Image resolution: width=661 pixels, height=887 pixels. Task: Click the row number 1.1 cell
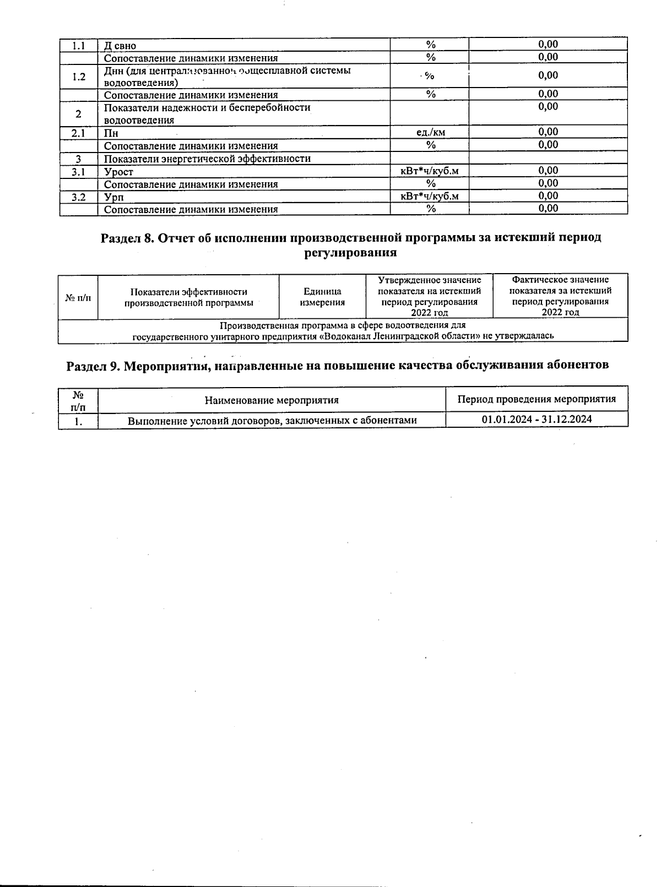79,45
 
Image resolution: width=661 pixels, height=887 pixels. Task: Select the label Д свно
120,46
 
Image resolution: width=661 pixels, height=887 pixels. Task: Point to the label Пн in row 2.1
111,133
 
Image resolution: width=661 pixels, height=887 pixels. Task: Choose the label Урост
118,172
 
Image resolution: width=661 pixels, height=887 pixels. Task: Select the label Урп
113,197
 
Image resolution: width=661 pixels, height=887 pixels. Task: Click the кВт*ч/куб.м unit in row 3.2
430,196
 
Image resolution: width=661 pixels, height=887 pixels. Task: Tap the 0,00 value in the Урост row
548,171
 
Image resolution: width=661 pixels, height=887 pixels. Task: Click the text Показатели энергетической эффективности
207,159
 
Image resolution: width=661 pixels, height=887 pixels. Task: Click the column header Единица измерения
322,297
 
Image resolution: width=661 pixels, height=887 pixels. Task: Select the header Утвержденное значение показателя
429,296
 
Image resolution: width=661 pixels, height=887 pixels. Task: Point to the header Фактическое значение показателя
560,296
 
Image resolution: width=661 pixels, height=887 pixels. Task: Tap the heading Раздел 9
337,366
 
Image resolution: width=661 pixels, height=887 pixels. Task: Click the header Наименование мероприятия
272,400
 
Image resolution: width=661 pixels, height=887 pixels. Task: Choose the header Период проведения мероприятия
537,399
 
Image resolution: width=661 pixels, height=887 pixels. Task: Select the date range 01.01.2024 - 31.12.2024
537,419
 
